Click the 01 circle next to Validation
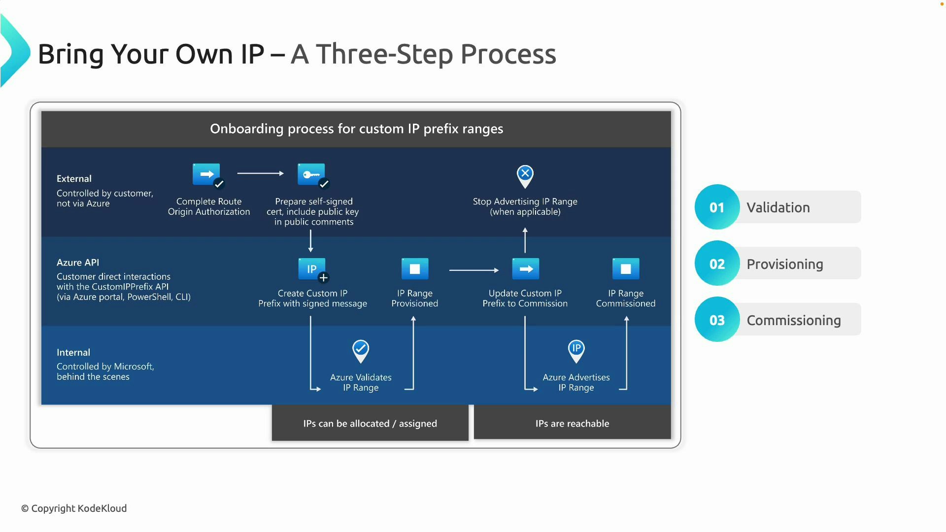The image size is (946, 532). point(717,207)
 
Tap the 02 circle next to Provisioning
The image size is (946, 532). point(717,264)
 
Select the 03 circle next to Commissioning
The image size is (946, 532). point(717,320)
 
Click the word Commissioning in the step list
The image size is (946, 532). point(793,320)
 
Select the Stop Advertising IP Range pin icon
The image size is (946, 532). point(525,176)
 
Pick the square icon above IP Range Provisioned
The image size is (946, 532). point(415,269)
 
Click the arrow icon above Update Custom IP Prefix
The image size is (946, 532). point(526,269)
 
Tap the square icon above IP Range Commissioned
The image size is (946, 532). point(626,269)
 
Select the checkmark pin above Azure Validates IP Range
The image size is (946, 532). point(361,351)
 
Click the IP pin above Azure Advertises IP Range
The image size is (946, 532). point(576,351)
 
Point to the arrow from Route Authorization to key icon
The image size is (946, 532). point(260,173)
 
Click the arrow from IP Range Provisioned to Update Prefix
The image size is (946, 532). point(473,270)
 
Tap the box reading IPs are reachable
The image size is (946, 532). point(572,423)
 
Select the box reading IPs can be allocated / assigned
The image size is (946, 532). point(370,423)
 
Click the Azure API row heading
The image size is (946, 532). point(78,263)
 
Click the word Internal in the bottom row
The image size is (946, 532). point(73,352)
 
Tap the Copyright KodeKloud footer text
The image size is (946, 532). point(74,508)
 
